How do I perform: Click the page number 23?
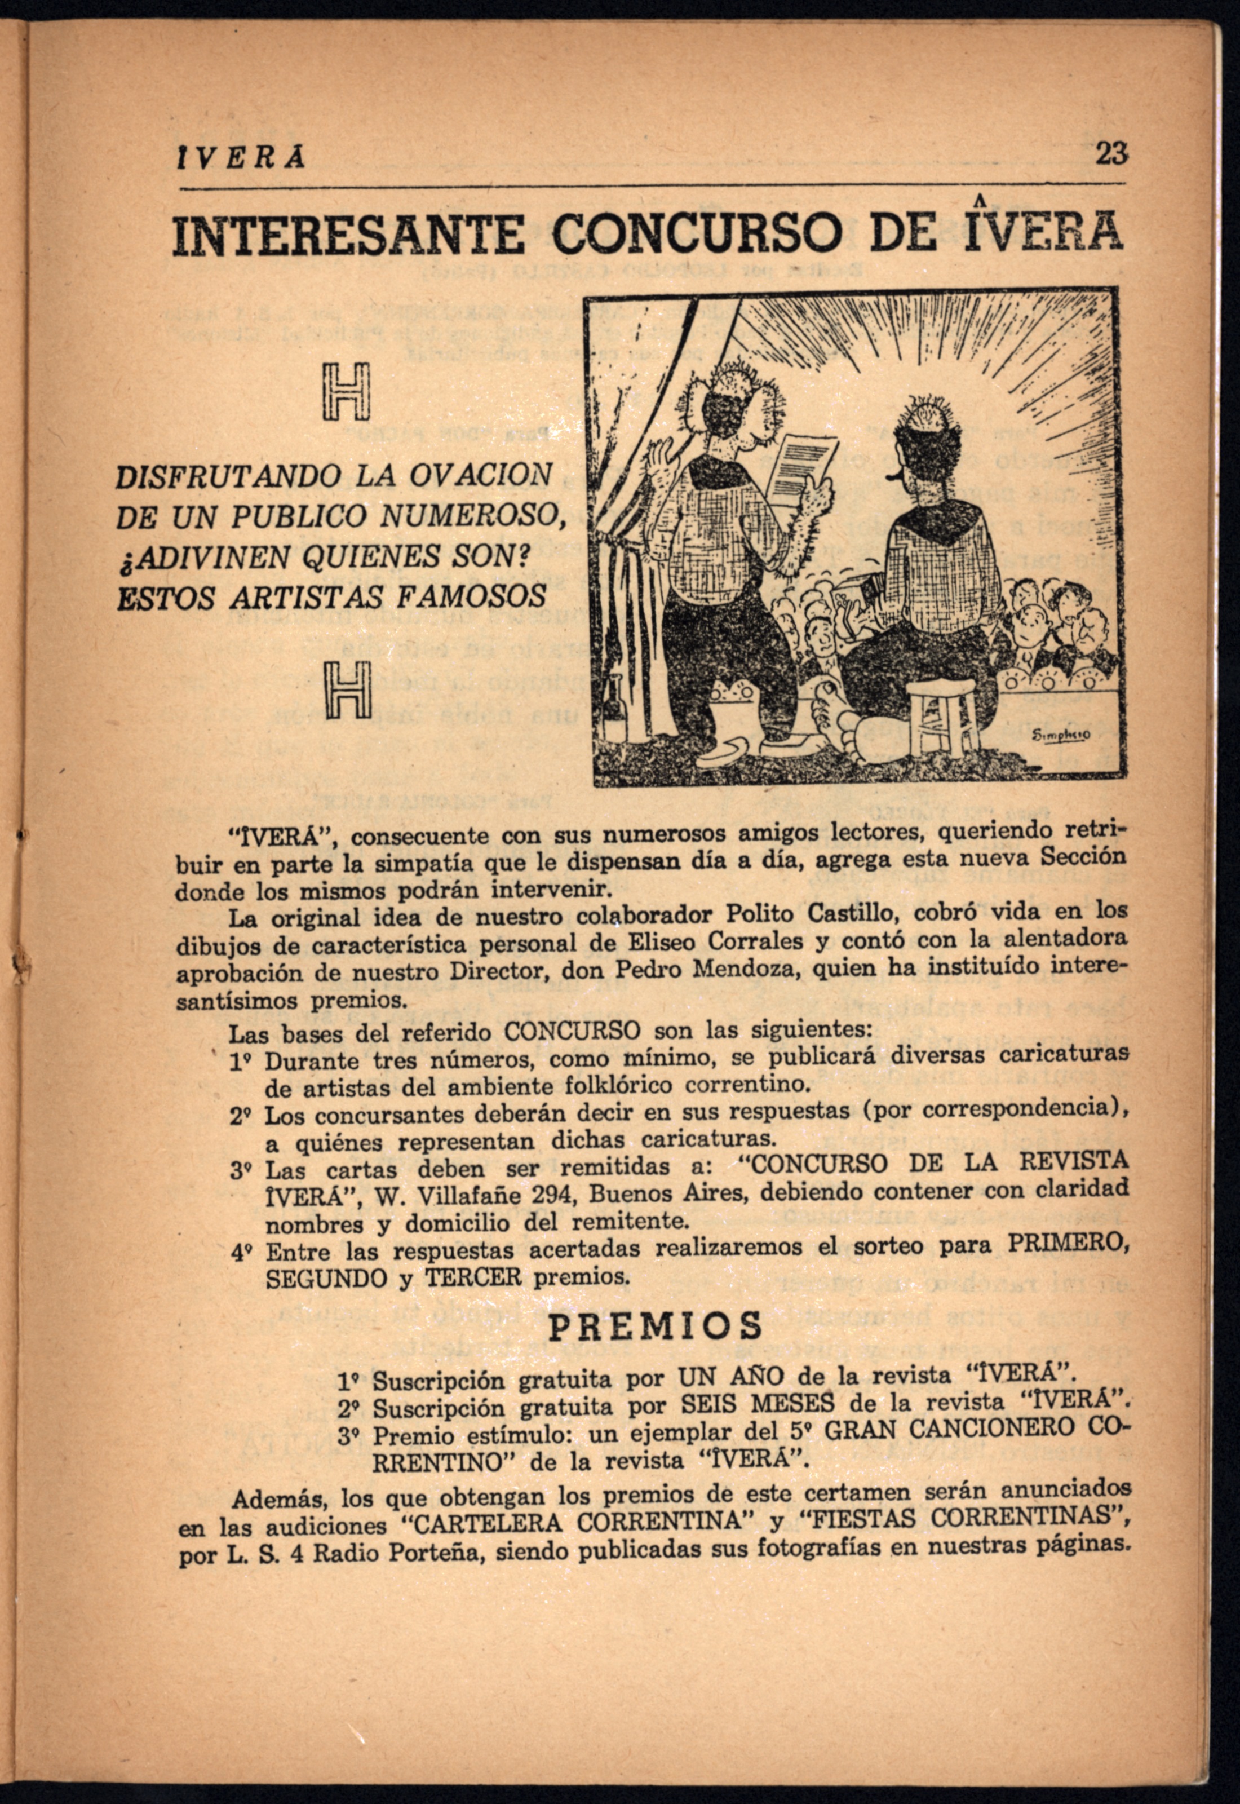1109,154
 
